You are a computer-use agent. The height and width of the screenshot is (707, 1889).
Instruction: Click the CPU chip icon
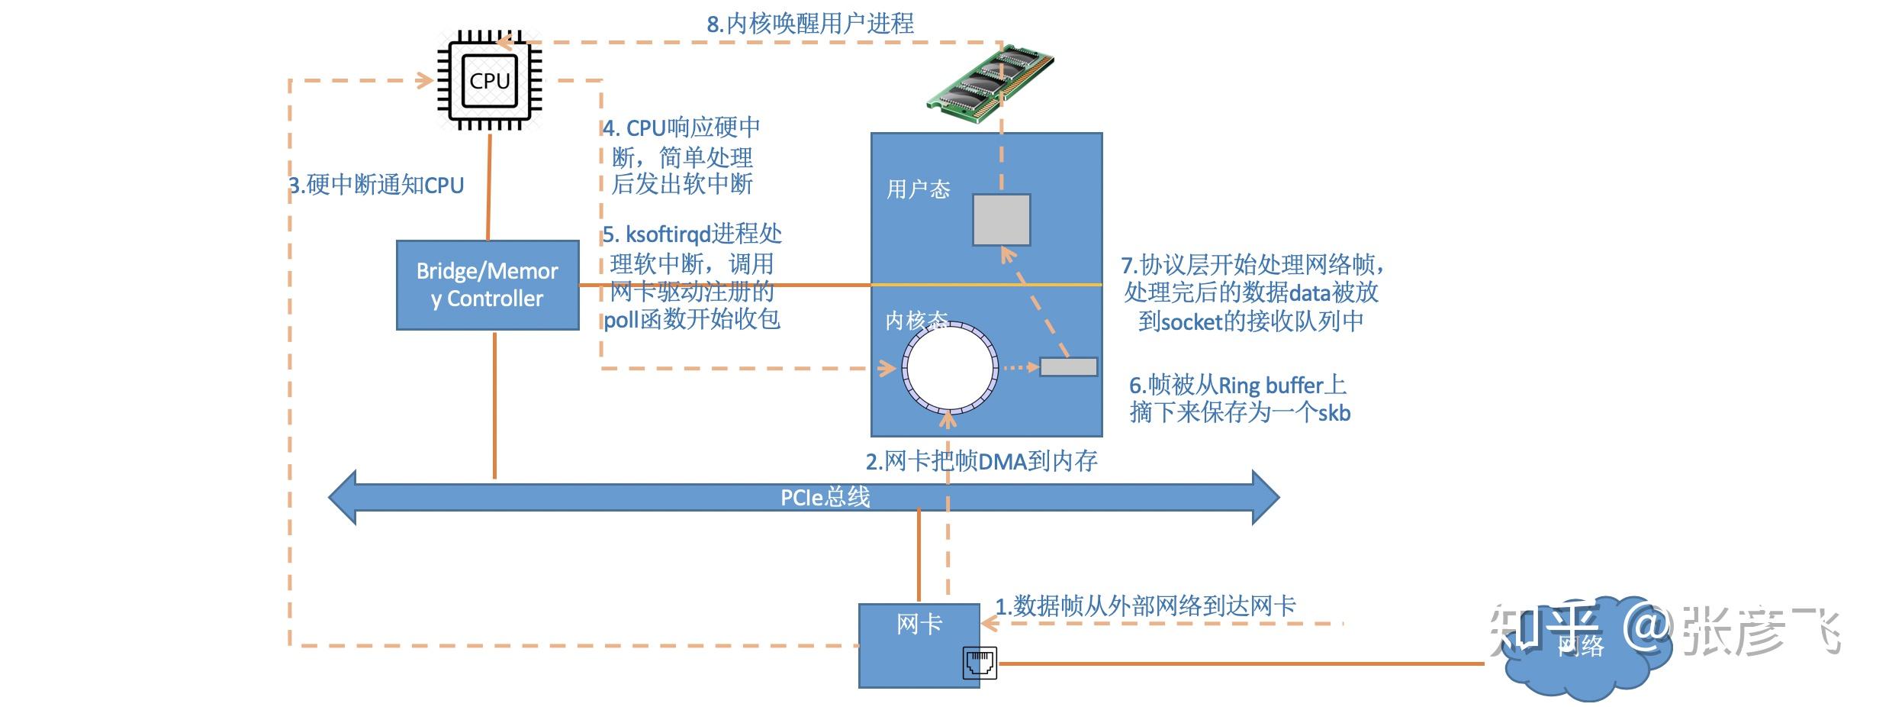(x=489, y=81)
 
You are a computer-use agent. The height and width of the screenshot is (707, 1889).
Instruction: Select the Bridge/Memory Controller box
(x=488, y=285)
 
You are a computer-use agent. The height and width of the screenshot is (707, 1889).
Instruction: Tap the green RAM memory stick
(x=990, y=83)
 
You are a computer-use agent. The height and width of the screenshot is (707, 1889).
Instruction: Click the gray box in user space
(x=1001, y=220)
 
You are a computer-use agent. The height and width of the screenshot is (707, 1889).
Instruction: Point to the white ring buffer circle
(x=950, y=367)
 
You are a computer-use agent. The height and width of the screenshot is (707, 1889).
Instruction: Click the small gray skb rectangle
(x=1068, y=367)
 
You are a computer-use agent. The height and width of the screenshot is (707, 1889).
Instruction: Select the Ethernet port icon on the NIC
(x=980, y=662)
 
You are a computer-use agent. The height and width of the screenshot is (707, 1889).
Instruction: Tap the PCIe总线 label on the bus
(x=825, y=498)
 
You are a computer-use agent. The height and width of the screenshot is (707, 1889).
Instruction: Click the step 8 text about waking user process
(x=809, y=24)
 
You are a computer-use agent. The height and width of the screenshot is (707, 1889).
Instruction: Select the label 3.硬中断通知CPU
(x=376, y=185)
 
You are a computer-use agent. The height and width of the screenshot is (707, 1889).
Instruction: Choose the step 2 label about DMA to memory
(x=981, y=461)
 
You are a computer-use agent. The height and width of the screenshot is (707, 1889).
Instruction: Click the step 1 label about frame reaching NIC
(x=1145, y=606)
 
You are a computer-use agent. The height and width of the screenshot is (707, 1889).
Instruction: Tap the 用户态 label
(x=918, y=189)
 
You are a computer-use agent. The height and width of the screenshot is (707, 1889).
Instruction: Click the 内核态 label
(x=916, y=320)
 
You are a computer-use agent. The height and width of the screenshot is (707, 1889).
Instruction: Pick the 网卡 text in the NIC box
(x=919, y=624)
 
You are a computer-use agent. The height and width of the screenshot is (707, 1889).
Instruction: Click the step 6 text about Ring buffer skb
(x=1239, y=399)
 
